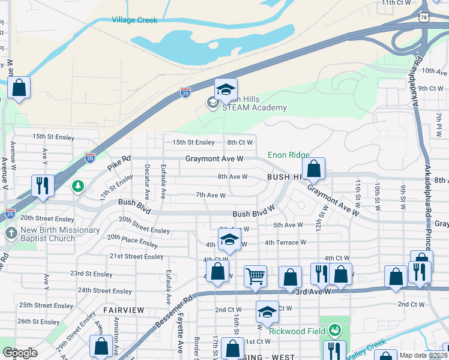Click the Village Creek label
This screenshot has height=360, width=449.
134,20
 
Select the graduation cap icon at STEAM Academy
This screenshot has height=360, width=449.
226,90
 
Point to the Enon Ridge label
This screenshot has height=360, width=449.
288,155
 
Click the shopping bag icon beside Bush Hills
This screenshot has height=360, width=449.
313,169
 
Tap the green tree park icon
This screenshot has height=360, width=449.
77,187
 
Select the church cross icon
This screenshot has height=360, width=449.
10,233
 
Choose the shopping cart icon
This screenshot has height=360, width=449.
255,277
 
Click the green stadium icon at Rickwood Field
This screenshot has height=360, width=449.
335,330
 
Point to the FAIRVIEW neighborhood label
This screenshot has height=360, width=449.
124,310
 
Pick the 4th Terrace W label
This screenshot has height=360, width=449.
285,242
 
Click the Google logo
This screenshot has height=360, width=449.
20,353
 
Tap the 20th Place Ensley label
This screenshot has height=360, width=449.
133,241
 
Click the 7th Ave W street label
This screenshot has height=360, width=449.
211,195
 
